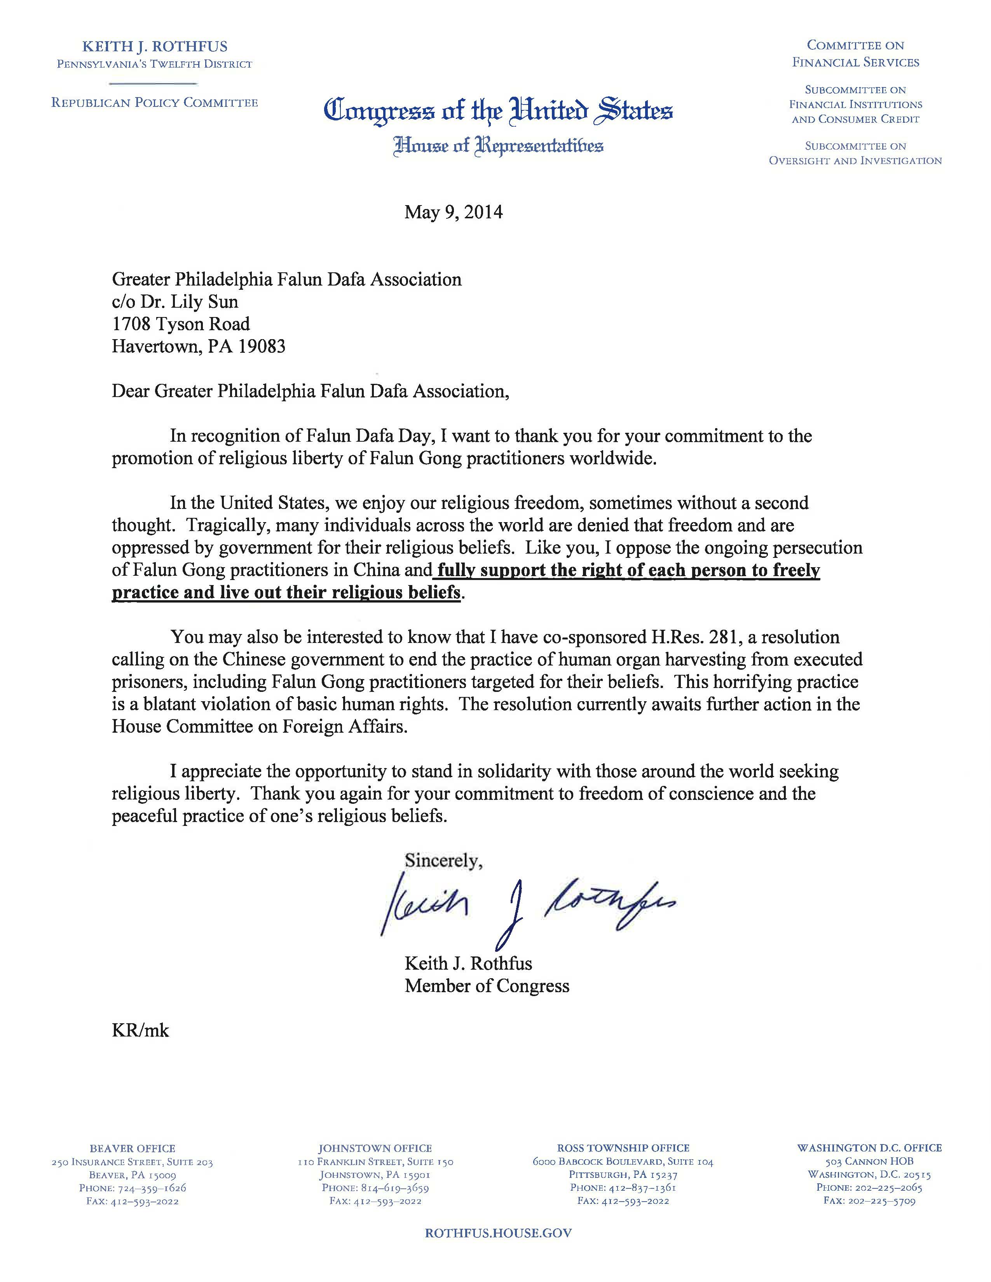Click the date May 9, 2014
click(453, 212)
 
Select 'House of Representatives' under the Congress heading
click(499, 145)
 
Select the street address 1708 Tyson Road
click(181, 324)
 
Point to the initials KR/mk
click(140, 1047)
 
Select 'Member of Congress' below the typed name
click(487, 986)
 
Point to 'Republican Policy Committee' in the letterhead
click(154, 103)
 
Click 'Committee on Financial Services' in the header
click(855, 54)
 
